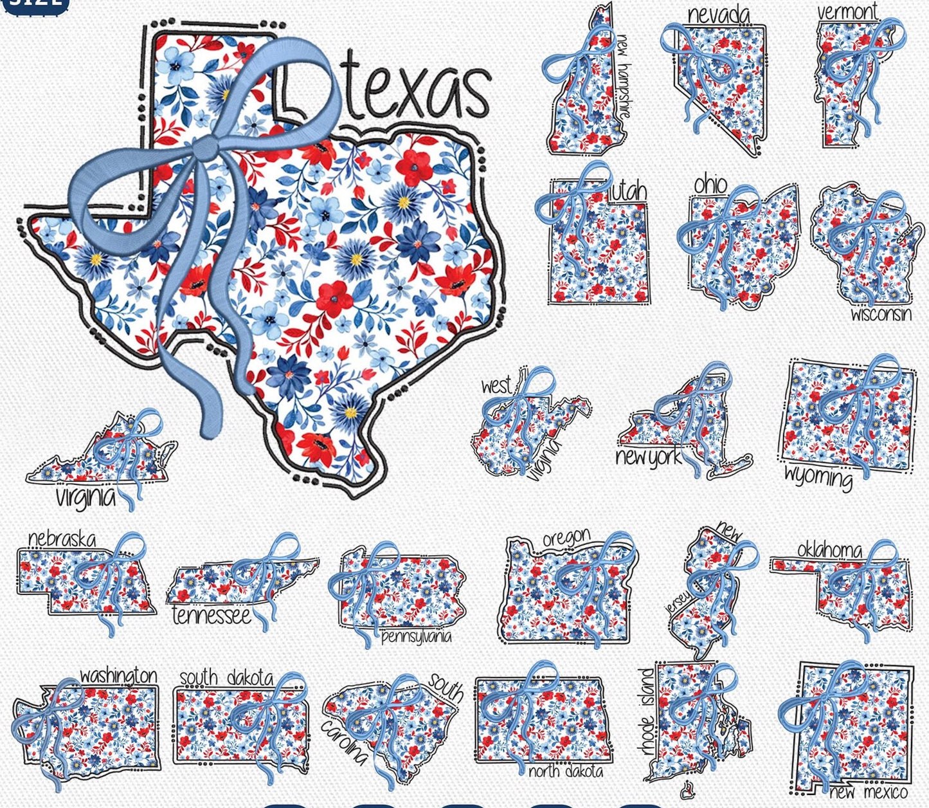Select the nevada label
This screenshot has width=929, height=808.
717,15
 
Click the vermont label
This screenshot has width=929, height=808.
847,12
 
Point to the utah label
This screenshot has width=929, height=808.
628,191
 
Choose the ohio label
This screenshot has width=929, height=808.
710,185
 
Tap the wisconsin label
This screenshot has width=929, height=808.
881,314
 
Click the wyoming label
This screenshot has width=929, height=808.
818,477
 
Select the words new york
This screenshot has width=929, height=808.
649,457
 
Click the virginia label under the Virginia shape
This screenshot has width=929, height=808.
85,497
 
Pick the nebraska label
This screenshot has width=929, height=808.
62,539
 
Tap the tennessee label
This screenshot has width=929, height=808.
211,616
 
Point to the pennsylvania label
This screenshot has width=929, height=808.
416,637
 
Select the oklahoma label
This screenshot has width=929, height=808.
829,550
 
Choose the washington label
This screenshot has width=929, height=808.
118,675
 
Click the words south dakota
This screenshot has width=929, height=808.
226,677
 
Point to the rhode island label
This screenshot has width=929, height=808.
647,711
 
